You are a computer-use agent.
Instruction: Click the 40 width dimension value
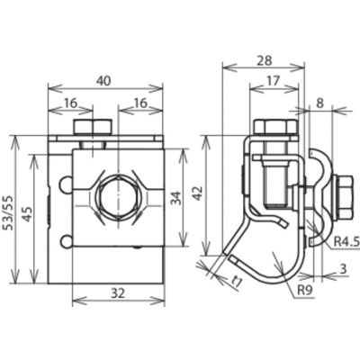103,80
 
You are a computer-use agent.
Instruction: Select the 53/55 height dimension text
7,212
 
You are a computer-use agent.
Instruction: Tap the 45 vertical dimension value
28,213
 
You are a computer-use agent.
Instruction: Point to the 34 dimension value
175,198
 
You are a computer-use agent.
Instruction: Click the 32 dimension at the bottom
117,292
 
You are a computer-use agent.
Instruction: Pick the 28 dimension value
265,60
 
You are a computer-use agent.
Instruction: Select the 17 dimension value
273,80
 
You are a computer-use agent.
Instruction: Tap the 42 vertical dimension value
198,193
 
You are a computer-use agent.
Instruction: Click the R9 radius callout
305,290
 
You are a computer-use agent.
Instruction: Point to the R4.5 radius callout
346,241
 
